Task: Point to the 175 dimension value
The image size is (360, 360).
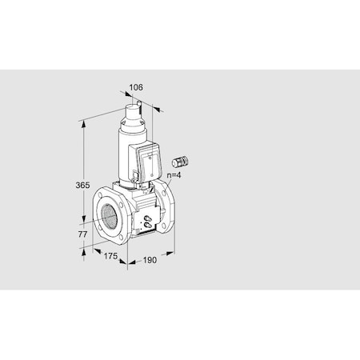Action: [x=111, y=256]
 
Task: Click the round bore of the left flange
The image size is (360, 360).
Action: [x=107, y=214]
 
